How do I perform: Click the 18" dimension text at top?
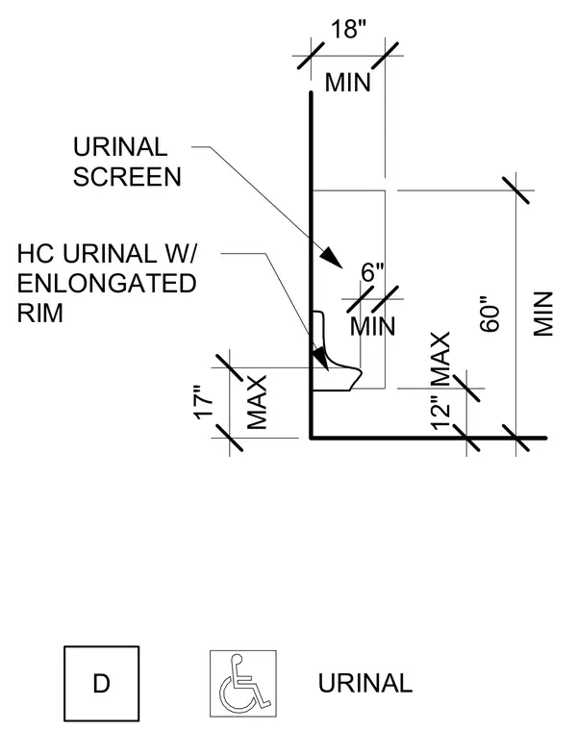pos(349,29)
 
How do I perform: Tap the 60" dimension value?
pos(489,314)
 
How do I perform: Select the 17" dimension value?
pos(204,402)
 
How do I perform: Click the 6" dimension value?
pos(373,272)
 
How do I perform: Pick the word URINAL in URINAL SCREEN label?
pos(120,147)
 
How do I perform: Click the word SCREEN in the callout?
pos(127,177)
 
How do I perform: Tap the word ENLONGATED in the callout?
pos(107,284)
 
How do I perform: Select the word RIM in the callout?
pos(40,313)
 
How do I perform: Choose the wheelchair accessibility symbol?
pos(243,684)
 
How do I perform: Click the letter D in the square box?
pos(102,684)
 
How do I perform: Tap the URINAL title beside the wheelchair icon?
pos(365,684)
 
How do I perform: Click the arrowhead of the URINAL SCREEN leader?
pos(332,257)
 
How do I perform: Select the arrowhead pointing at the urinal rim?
pos(320,358)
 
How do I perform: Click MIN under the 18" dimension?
pos(348,83)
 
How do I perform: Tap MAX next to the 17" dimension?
pos(257,402)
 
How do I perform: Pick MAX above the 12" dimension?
pos(440,359)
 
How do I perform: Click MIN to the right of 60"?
pos(543,314)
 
